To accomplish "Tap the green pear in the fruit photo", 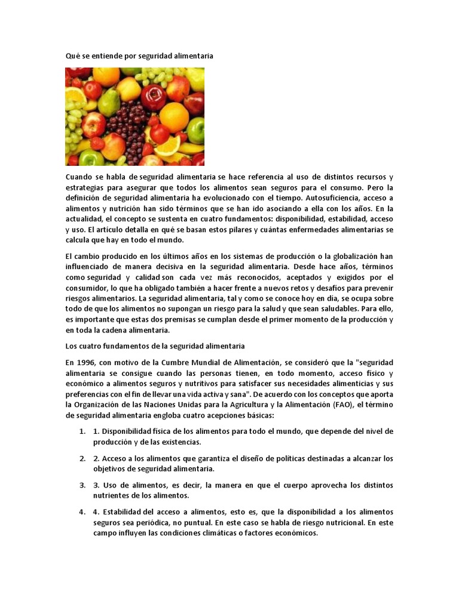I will coord(109,103).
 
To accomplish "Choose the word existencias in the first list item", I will coord(178,442).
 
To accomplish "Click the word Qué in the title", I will coord(72,55).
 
